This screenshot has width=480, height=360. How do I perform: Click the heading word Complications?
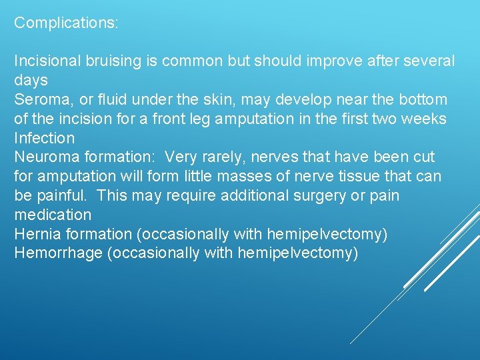(65, 23)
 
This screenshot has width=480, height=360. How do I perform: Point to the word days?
(31, 81)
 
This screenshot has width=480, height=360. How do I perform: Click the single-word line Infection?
(45, 138)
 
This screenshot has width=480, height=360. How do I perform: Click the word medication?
(53, 215)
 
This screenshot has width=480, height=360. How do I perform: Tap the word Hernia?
(37, 234)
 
